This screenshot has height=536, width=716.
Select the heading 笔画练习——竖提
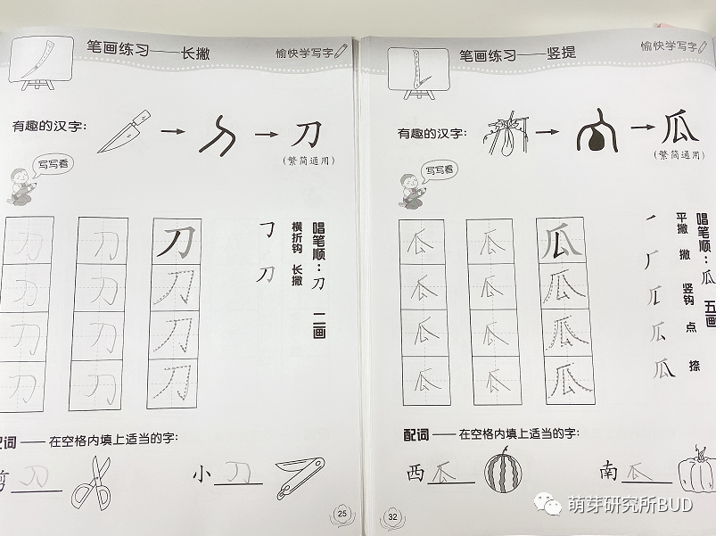(517, 54)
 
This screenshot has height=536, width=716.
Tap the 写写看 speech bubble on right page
(438, 169)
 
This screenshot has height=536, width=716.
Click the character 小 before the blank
(204, 474)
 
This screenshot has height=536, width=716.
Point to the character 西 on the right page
(416, 473)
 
